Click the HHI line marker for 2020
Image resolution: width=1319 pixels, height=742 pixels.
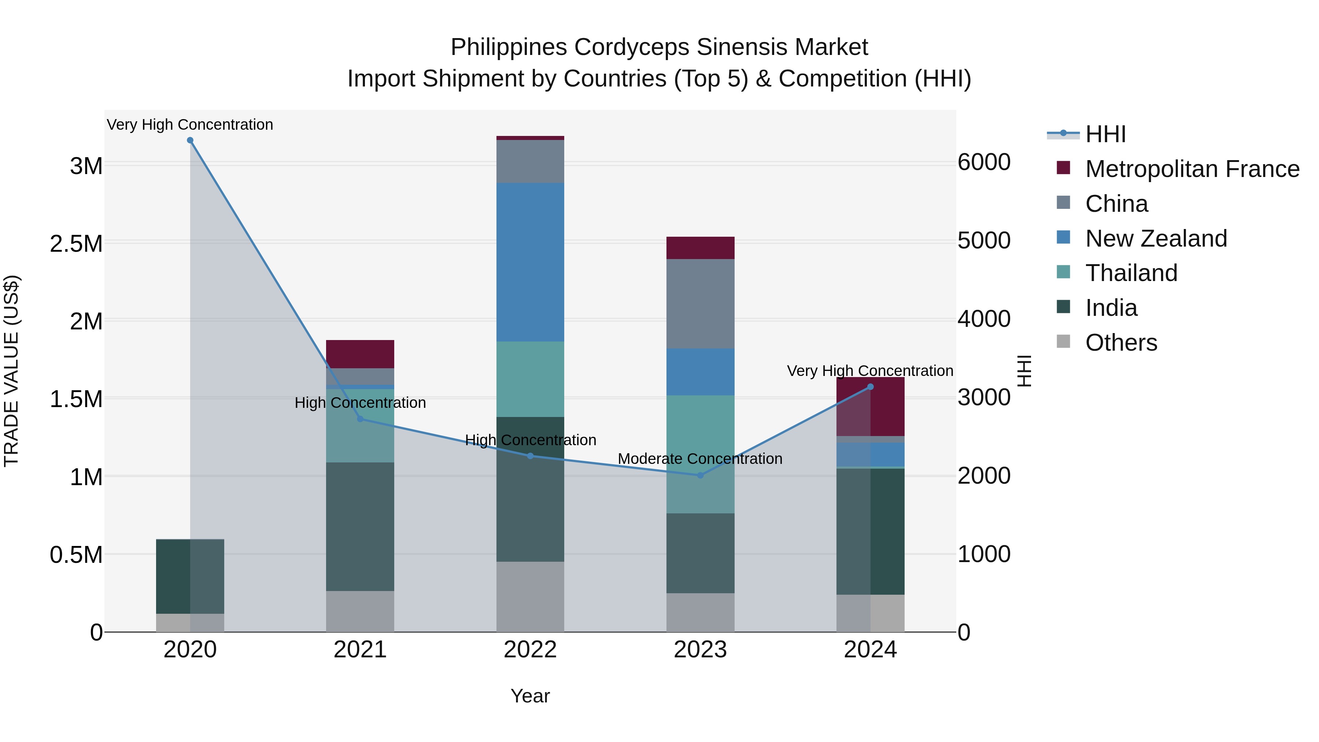[190, 140]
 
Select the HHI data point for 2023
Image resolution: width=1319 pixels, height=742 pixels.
[701, 475]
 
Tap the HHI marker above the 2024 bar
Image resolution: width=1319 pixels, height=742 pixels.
[871, 387]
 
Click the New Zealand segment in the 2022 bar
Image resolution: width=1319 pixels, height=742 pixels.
[531, 262]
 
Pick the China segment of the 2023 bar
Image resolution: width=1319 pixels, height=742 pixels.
[701, 304]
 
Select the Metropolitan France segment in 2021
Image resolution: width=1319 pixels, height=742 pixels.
[360, 354]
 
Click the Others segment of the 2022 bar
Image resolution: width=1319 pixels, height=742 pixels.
[531, 597]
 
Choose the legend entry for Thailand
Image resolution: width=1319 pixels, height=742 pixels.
[1131, 273]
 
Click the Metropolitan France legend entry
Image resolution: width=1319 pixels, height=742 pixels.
[1192, 169]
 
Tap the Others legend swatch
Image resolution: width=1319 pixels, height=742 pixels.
[1064, 342]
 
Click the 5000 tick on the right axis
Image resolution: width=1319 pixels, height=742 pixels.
[984, 241]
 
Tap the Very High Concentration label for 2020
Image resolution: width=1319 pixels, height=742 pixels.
[190, 125]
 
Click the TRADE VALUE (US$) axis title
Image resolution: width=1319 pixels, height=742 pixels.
[11, 371]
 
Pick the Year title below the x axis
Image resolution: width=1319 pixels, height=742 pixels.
[531, 696]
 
